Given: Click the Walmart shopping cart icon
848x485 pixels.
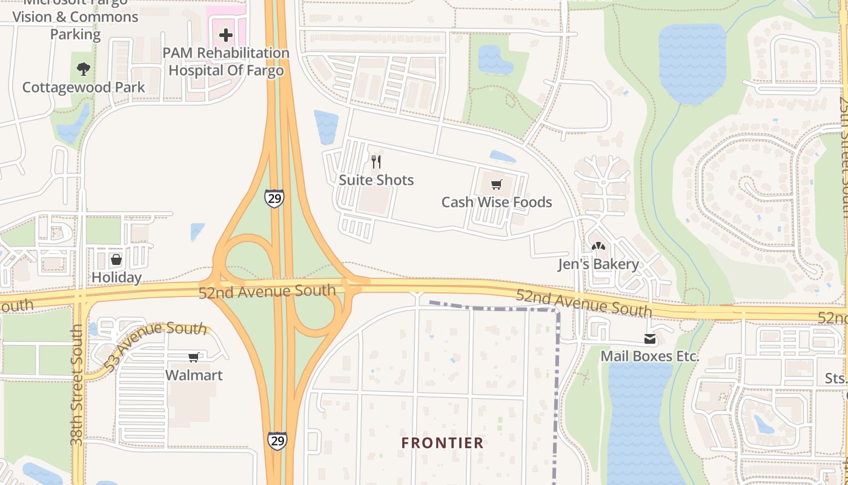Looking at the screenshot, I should pos(193,358).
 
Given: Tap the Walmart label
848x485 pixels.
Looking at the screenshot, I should pos(194,375).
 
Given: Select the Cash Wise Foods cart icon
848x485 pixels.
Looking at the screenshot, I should pos(497,184).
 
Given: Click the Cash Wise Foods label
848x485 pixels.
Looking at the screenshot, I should pos(497,202).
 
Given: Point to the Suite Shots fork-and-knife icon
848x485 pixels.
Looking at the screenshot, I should pos(376,162).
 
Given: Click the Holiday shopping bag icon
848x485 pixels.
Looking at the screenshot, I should pos(116,260).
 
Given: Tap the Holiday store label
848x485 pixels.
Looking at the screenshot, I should pos(116,278).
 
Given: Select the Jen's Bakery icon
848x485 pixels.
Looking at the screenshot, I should pos(598,247).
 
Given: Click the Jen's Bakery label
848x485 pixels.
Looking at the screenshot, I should pos(598,264).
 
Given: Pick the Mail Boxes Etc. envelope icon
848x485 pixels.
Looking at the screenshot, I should pos(650,339).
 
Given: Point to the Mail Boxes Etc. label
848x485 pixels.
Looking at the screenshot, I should pos(650,356).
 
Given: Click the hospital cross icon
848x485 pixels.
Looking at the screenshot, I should pos(226,35).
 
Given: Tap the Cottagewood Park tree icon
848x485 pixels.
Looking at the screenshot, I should pos(84,69).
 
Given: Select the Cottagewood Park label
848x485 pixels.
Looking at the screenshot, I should pos(84,87).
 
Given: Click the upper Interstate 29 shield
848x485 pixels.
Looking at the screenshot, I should pos(274,198).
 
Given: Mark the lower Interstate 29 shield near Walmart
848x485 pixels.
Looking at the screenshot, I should pos(277,440).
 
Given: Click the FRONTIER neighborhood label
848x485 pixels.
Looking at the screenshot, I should pos(443,443).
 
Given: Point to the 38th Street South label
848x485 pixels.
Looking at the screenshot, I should pos(77,386).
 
